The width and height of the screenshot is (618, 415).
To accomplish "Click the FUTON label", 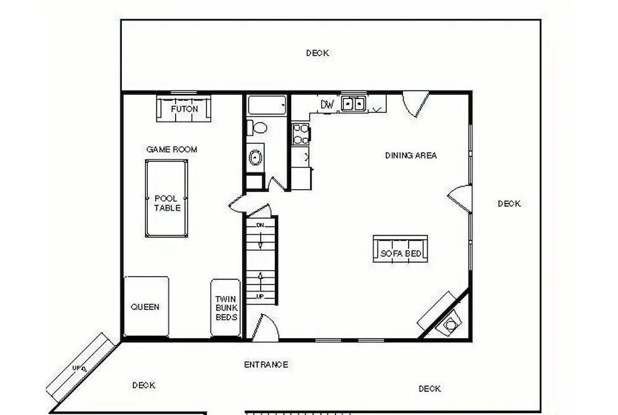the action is pos(184,109).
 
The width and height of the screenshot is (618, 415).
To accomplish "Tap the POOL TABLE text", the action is pos(167,203).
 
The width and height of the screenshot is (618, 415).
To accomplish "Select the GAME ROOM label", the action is pos(171,150).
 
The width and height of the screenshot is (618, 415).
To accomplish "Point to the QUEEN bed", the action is pos(146,307).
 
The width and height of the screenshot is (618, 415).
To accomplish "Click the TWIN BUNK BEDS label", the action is pos(226,308).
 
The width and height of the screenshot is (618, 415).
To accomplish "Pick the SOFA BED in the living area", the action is pos(400,249).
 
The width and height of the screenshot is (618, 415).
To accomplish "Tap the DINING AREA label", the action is pos(411,155).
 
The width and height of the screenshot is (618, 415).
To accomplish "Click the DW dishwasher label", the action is pos(328,105).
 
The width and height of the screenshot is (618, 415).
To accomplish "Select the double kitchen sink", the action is pos(353,104).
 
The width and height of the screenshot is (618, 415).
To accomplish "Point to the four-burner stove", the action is pos(301,134).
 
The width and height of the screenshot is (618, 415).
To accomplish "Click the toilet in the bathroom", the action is pos(257,128).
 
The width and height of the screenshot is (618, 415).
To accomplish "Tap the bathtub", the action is pos(267,105).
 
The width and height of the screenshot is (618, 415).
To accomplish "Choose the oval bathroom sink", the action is pos(255,158).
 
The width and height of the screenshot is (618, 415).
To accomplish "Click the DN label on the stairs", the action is pos(260,225).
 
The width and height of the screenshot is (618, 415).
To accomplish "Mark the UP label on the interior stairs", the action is pos(260,296).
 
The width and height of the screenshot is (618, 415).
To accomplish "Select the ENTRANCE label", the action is pos(266,364).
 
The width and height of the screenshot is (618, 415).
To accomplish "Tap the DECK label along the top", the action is pos(318,53).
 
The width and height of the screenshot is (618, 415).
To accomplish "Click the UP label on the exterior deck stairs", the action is pos(77,368).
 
